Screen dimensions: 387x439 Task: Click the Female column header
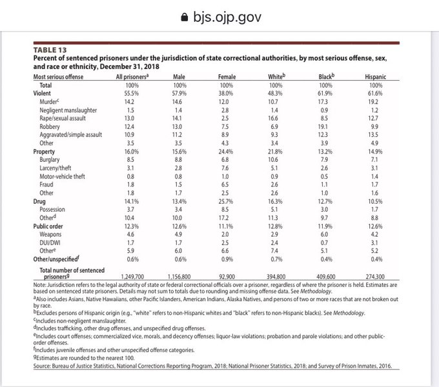[x=226, y=77]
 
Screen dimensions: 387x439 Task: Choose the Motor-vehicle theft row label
[x=62, y=175]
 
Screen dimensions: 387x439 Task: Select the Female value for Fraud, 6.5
[x=226, y=183]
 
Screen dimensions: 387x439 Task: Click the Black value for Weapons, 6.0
[x=326, y=234]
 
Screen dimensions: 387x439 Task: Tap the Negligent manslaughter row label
[x=68, y=111]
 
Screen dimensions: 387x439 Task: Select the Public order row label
[x=48, y=226]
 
